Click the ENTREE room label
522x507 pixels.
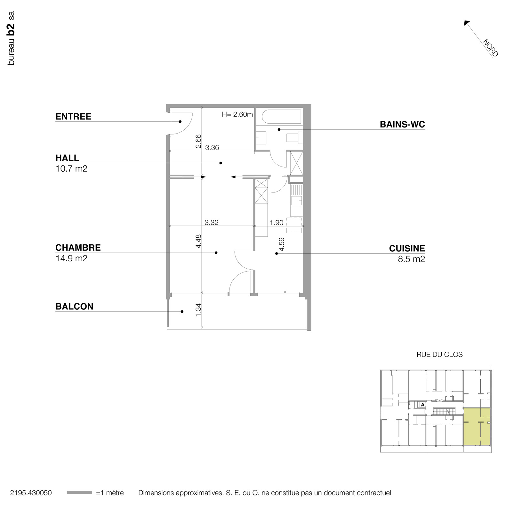(73, 117)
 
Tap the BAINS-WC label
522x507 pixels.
(402, 125)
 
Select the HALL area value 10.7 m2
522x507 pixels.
(71, 168)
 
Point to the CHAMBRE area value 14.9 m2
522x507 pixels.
(71, 258)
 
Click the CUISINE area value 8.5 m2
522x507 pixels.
(411, 259)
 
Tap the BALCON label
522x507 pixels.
(74, 307)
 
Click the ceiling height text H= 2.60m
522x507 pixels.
(237, 114)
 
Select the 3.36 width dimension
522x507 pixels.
(212, 148)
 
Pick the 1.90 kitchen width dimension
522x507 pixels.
(276, 223)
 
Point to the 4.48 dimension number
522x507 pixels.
(198, 241)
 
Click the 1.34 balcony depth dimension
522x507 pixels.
(198, 310)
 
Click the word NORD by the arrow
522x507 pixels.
(490, 48)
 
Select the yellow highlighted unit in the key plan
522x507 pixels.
(477, 427)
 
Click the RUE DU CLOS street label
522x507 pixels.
(439, 355)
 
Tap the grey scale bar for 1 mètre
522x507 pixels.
(79, 493)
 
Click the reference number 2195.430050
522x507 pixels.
(31, 493)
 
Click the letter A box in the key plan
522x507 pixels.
(422, 405)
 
